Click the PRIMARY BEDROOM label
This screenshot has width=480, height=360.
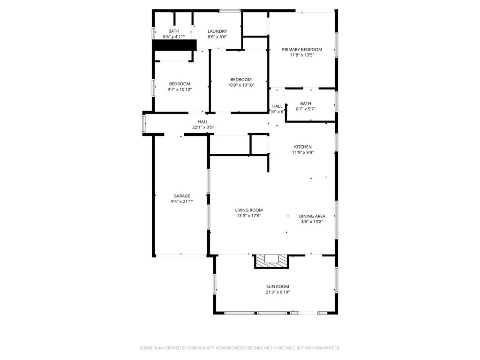click(302, 49)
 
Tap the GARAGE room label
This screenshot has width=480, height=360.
click(182, 196)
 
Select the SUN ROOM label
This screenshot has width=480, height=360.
click(278, 286)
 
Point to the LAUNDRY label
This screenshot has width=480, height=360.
click(217, 31)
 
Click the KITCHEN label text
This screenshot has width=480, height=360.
click(302, 147)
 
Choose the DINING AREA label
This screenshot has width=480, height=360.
click(312, 216)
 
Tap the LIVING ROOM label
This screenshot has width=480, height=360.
click(249, 210)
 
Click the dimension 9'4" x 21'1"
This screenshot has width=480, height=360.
click(182, 202)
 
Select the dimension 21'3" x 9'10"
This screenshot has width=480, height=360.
click(278, 292)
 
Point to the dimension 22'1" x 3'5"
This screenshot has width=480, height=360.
click(203, 127)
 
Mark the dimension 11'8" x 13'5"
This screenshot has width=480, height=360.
click(302, 55)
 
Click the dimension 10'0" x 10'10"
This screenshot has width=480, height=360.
click(241, 85)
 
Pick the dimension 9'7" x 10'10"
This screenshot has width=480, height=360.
click(180, 90)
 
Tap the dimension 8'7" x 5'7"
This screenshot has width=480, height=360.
click(306, 109)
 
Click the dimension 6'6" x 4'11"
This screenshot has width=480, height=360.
click(174, 37)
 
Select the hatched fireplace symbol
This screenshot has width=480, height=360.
click(272, 261)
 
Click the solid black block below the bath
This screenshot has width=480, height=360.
click(174, 45)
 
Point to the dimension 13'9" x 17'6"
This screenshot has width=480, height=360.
click(249, 216)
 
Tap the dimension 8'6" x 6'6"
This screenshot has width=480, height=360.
click(217, 37)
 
